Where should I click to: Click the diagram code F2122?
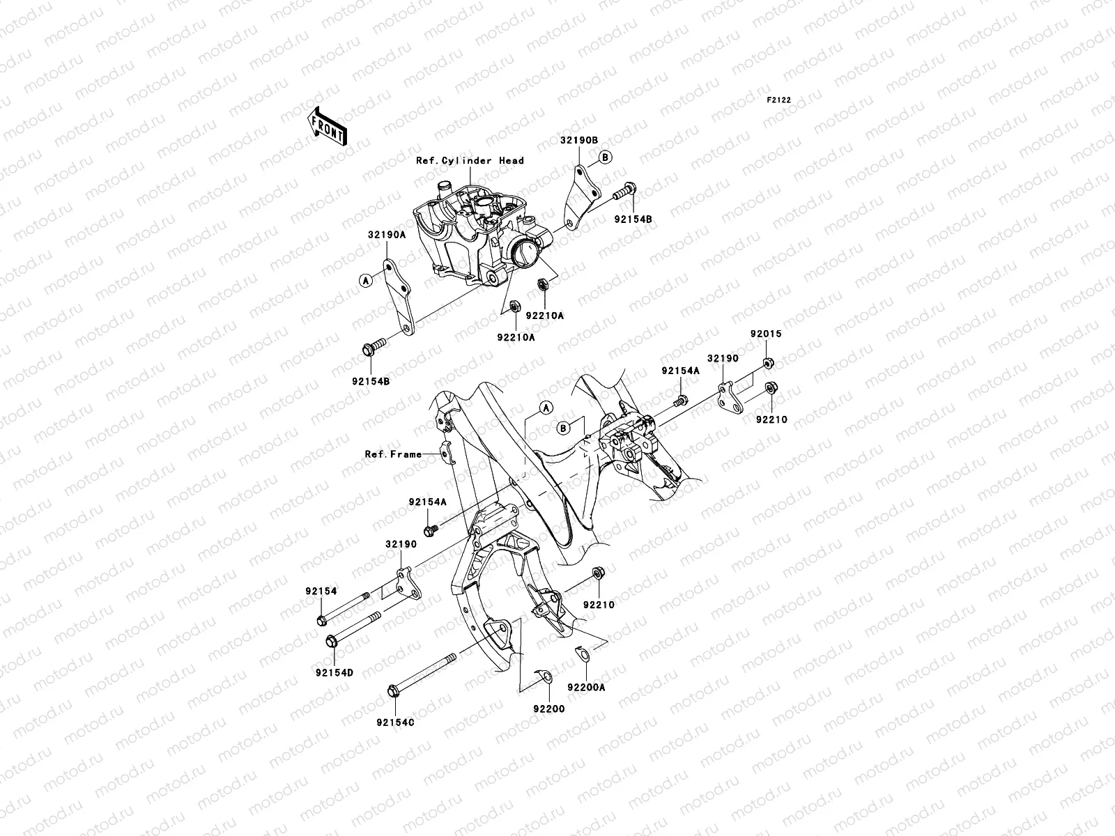(778, 100)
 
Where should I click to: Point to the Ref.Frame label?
(393, 454)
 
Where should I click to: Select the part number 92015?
(766, 334)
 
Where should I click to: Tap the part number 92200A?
(586, 686)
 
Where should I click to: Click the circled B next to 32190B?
(606, 157)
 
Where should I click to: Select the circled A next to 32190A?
(364, 280)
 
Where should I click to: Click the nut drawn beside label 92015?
(767, 362)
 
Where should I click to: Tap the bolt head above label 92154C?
(392, 691)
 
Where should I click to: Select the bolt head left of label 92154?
(321, 620)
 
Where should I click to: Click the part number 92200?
(548, 709)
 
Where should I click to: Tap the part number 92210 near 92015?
(770, 420)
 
